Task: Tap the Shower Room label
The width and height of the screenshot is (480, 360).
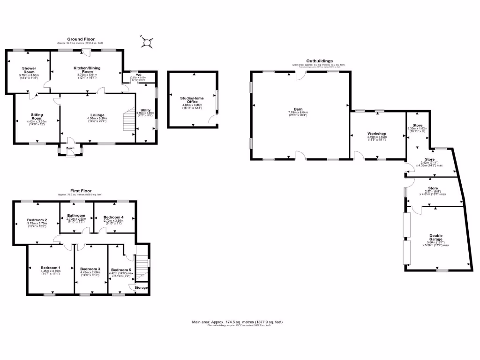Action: point(29,70)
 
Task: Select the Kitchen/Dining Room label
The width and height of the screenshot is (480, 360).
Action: point(87,70)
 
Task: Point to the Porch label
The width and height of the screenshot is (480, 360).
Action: point(70,149)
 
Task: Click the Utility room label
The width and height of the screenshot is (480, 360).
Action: point(145,110)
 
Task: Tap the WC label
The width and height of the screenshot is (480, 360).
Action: point(139,75)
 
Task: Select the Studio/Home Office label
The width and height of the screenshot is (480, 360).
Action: point(192,100)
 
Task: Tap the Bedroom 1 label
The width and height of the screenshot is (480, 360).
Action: point(50,268)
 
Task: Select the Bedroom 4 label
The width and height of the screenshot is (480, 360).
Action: point(113,217)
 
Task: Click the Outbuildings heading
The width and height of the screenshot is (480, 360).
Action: point(319,61)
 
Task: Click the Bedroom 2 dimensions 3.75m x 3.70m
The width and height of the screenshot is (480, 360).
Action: point(37,223)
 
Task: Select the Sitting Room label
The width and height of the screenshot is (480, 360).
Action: point(37,116)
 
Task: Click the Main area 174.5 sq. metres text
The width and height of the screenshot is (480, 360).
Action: point(237,322)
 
